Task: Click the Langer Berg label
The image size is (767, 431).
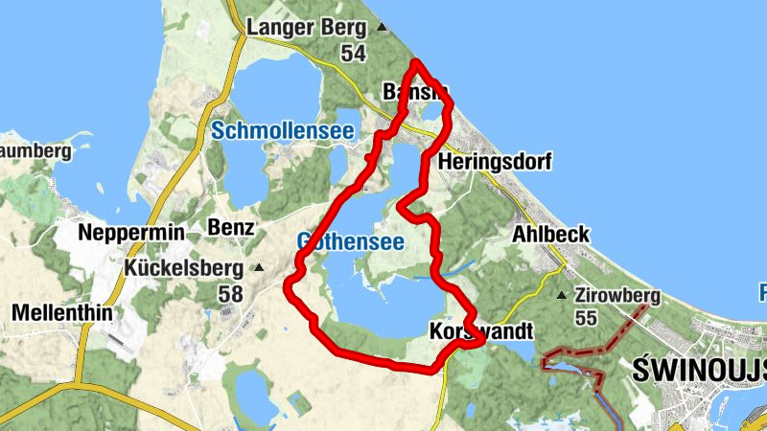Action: coord(307,28)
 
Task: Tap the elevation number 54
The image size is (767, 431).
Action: coord(353,54)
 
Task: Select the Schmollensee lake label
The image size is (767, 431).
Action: coord(283,131)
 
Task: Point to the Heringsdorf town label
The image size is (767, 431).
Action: coord(494,164)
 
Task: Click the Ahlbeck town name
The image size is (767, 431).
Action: coord(551,235)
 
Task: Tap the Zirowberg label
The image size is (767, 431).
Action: coord(617,296)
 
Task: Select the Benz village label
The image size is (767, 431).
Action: coord(231,228)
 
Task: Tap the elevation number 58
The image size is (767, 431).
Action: coord(230,294)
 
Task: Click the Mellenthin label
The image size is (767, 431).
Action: coord(61,312)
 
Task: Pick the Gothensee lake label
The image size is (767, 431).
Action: coord(350,242)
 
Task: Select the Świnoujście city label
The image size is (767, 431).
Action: coord(700,370)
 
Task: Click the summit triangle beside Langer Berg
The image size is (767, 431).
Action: coord(383,28)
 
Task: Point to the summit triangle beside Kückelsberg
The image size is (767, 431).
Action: coord(258,269)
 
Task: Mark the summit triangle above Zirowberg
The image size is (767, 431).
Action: coord(562,295)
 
